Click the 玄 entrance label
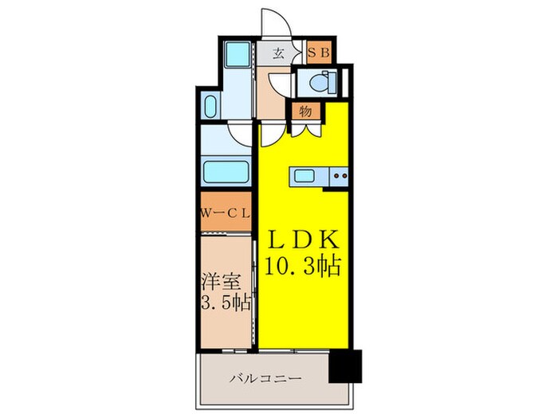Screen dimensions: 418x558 pos(279,55)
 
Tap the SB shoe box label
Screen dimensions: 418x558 pos(322,54)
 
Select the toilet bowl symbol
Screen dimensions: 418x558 pos(323,82)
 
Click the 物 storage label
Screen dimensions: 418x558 pos(305,111)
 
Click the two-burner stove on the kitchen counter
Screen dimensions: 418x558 pos(340,175)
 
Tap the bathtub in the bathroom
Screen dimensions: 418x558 pos(225,170)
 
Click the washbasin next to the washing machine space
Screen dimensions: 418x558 pos(210,107)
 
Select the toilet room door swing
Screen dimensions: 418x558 pos(279,84)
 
